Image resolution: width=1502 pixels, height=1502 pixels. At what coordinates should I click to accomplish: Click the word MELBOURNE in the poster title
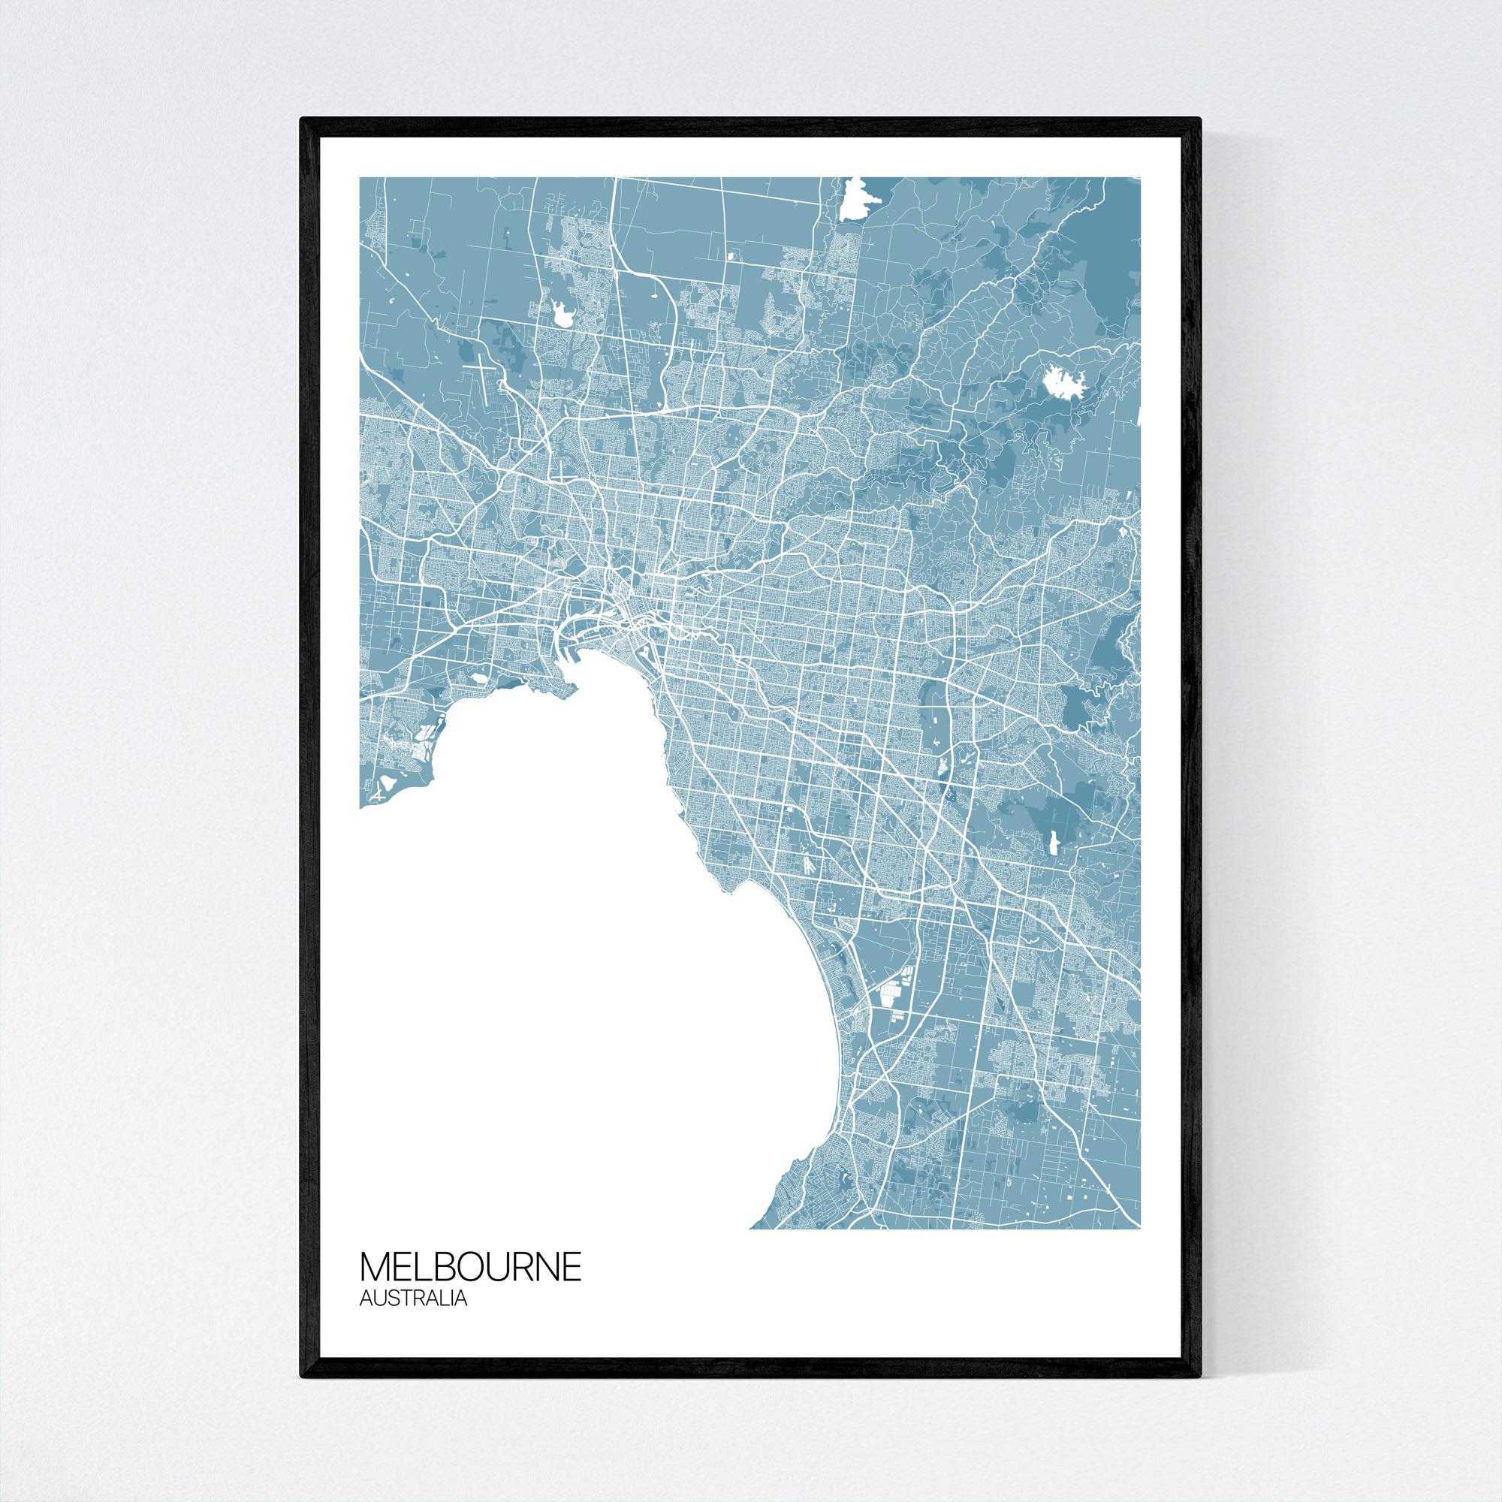click(470, 1266)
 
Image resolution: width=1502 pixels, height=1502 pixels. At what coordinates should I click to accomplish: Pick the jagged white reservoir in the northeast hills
click(1058, 383)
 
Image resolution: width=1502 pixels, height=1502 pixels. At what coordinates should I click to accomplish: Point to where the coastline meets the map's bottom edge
click(751, 1229)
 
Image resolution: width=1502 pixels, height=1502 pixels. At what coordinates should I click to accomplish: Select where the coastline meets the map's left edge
click(360, 808)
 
